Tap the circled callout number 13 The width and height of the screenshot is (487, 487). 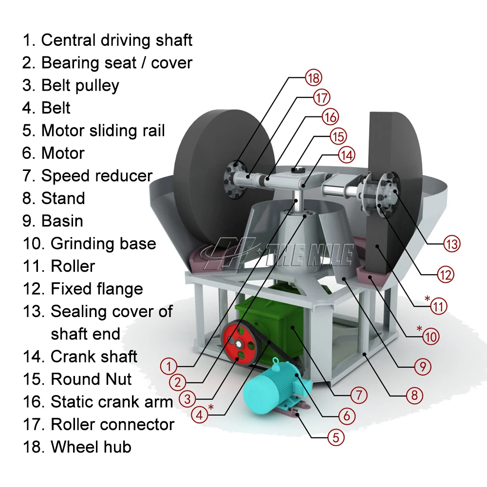click(451, 243)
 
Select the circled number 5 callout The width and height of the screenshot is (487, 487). click(336, 437)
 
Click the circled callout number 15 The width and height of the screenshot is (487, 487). click(338, 136)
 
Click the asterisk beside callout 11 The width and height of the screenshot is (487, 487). click(427, 298)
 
